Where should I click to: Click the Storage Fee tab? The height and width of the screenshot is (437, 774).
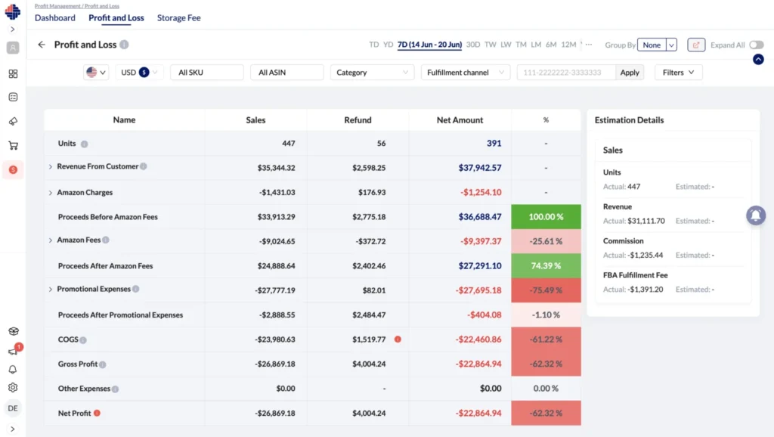178,17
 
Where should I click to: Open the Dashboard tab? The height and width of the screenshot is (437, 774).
55,17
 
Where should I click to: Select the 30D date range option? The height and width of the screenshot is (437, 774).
473,45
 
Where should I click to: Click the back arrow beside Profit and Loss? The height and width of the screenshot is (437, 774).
42,45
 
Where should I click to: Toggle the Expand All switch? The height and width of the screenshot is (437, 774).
756,45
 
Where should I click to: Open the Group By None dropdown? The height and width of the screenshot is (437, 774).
656,45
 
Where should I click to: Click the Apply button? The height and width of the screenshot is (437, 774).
630,73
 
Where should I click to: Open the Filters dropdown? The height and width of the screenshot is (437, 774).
678,73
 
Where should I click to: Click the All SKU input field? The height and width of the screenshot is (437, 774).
206,73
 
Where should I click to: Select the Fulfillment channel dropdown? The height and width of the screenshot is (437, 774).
466,73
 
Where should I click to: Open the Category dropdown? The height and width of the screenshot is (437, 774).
372,73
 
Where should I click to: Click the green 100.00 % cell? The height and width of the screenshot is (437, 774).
546,217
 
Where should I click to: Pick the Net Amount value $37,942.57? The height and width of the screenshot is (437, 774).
469,168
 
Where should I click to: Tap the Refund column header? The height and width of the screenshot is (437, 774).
358,120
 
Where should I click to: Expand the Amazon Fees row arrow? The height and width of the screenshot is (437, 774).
51,240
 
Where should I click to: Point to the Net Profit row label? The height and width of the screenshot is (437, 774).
74,414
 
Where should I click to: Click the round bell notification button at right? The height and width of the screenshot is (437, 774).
756,215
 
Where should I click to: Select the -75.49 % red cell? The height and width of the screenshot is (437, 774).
546,290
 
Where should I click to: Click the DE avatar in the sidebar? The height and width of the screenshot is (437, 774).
13,408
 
